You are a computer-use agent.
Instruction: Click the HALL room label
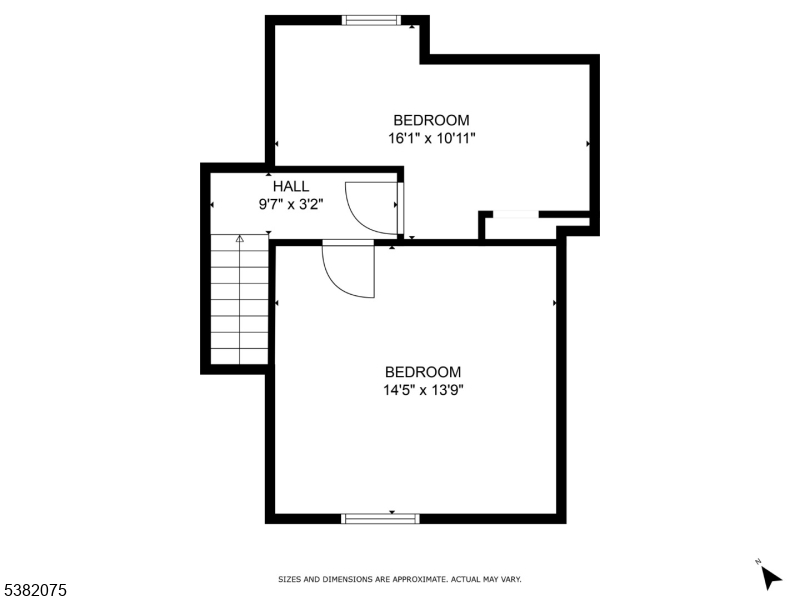291,186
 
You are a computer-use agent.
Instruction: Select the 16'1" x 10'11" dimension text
431,138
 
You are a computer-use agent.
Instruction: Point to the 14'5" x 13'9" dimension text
423,389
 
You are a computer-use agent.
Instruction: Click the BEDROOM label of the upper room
431,121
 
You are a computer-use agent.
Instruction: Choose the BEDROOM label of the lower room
423,372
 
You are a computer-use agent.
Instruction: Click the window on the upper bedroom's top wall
371,19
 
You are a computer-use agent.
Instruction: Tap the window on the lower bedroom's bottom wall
380,518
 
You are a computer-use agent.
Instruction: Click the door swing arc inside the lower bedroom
345,271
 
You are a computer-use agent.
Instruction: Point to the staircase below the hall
240,300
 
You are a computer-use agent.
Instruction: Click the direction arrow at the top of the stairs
240,239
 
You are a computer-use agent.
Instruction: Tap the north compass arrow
769,576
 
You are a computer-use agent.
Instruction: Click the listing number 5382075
35,591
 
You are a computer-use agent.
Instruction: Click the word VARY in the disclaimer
510,579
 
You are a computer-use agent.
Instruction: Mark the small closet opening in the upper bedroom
515,213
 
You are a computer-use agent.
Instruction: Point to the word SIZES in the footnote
289,579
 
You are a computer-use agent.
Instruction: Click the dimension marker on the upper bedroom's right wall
587,144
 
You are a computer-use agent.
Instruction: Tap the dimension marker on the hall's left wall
212,206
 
